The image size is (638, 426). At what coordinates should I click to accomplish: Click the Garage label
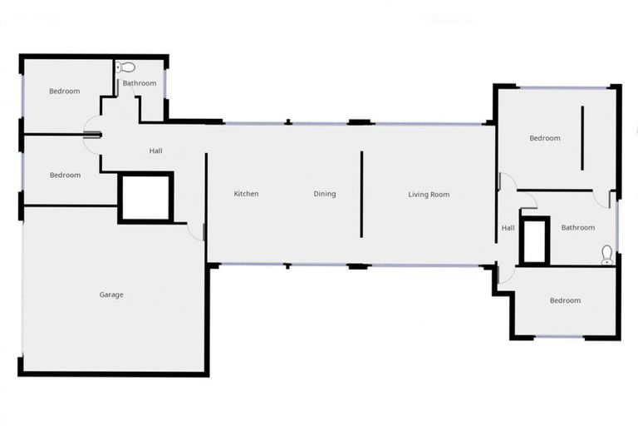[111, 295]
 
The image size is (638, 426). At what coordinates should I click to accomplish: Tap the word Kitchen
[246, 194]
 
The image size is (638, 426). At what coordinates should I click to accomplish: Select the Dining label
[325, 194]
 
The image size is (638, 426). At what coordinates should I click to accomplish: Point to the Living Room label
[429, 194]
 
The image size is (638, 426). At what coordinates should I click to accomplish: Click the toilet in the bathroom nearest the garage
[125, 67]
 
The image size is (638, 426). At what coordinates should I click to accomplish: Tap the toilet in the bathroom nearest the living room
[607, 254]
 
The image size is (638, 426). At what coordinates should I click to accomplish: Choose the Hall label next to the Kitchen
[155, 151]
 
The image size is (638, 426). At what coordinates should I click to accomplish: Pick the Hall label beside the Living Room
[508, 227]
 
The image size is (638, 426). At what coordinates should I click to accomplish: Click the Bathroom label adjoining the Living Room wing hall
[577, 227]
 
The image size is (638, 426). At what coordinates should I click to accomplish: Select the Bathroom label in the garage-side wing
[140, 83]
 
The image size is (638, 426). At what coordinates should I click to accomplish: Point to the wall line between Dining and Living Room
[361, 194]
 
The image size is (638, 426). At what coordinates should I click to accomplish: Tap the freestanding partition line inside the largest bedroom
[582, 137]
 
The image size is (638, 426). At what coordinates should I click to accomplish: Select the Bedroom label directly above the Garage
[65, 175]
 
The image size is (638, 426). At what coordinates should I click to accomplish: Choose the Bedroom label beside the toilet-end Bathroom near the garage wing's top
[64, 91]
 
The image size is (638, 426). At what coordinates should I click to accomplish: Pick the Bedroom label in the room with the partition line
[545, 138]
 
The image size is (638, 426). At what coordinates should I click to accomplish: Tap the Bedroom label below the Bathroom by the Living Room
[565, 300]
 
